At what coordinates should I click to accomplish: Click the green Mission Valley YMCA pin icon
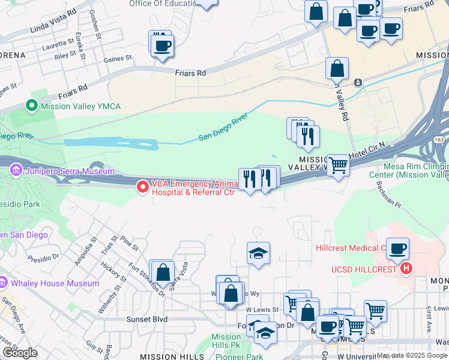pos(31,106)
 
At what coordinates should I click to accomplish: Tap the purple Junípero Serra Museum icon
pos(16,172)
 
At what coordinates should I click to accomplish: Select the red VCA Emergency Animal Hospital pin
pos(143,187)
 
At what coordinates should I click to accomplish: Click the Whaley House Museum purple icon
pos(4,283)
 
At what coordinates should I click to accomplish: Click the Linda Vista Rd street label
pos(53,20)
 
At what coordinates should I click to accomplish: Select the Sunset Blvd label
pos(146,319)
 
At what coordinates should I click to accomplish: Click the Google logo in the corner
pos(19,352)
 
